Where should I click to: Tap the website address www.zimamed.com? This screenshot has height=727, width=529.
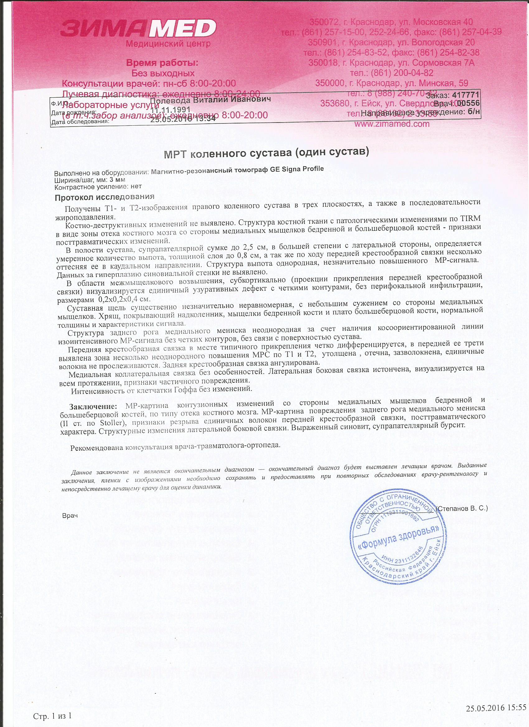392,124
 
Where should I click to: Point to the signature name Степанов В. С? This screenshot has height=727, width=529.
462,508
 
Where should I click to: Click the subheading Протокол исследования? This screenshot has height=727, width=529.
105,197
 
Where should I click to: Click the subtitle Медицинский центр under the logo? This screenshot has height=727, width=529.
168,44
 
